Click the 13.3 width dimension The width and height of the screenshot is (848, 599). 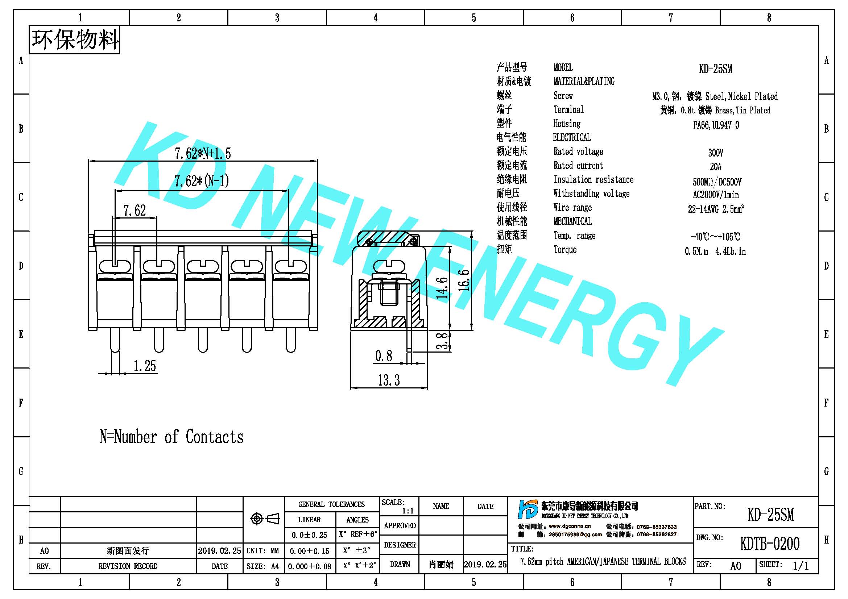pyautogui.click(x=389, y=380)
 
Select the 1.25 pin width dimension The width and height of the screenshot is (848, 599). pyautogui.click(x=144, y=366)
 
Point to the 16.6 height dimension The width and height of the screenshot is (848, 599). pyautogui.click(x=464, y=280)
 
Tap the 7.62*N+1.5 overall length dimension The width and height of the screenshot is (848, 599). pyautogui.click(x=202, y=153)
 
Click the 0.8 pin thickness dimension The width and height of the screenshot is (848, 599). pyautogui.click(x=383, y=356)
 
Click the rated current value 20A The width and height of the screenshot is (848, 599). pyautogui.click(x=715, y=167)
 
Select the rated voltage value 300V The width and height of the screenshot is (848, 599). pyautogui.click(x=716, y=153)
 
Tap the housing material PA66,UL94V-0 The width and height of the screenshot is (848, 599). pyautogui.click(x=716, y=125)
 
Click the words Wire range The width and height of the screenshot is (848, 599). pyautogui.click(x=572, y=208)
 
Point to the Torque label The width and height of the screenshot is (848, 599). pyautogui.click(x=565, y=249)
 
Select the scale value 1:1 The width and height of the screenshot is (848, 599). pyautogui.click(x=408, y=511)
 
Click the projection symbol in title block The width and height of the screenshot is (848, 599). pyautogui.click(x=265, y=519)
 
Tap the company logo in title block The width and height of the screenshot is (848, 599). pyautogui.click(x=528, y=509)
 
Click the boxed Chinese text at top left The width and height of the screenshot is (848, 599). pyautogui.click(x=75, y=40)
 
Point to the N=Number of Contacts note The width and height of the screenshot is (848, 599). pyautogui.click(x=171, y=437)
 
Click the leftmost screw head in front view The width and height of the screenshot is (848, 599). pyautogui.click(x=115, y=266)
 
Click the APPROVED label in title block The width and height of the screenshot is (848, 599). pyautogui.click(x=400, y=525)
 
